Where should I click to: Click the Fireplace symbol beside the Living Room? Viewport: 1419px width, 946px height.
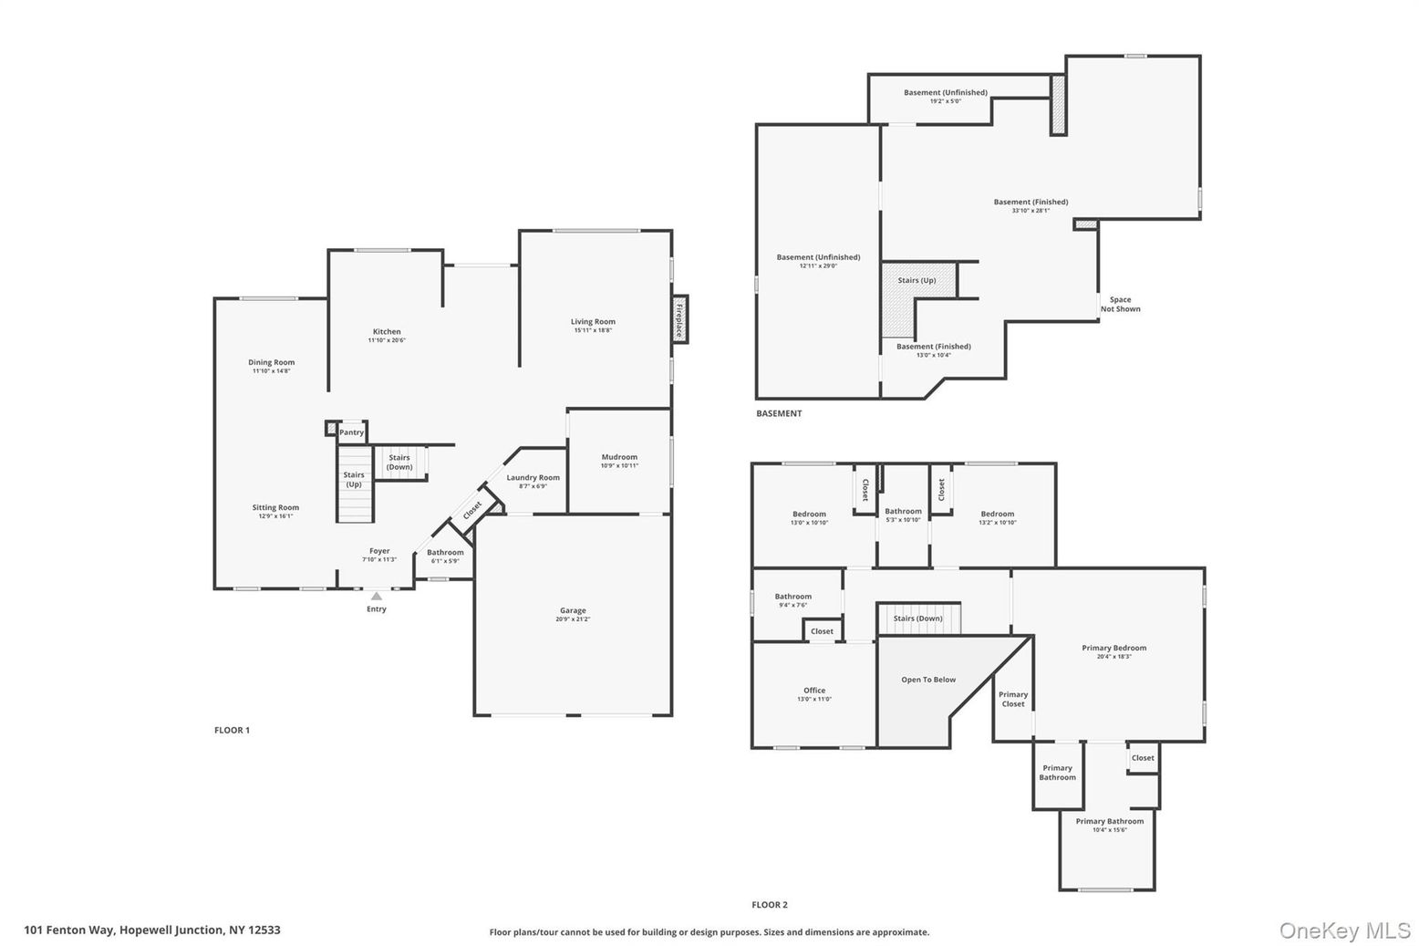pos(678,319)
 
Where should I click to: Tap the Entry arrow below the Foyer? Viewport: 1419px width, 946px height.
pos(376,596)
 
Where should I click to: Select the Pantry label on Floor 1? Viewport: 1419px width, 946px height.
pos(351,432)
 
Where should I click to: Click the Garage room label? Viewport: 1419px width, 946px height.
pos(573,610)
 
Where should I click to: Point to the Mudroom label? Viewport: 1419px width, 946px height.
pos(619,457)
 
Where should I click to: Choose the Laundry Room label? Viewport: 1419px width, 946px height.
pos(533,477)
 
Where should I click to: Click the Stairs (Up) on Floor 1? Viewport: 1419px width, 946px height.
pos(354,479)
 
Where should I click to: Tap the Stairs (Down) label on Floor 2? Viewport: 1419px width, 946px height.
pos(918,619)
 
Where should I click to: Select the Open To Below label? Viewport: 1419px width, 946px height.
pos(928,680)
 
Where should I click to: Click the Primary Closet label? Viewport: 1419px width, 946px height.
pos(1013,699)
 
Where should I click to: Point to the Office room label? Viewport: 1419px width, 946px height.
pos(814,691)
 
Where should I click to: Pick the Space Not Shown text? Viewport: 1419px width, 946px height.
pos(1120,304)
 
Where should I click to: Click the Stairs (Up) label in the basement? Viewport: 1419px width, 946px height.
pos(917,280)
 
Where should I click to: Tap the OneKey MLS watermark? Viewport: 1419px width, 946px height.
pos(1344,930)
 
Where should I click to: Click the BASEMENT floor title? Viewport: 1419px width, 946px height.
pos(779,413)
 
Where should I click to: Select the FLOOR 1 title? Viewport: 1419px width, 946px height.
pos(232,730)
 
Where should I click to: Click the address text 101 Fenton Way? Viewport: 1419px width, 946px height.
pos(152,930)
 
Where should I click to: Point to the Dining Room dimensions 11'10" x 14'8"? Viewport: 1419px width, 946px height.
pos(271,371)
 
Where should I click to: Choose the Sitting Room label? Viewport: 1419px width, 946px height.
pos(275,507)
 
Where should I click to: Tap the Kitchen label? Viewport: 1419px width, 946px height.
pos(387,332)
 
